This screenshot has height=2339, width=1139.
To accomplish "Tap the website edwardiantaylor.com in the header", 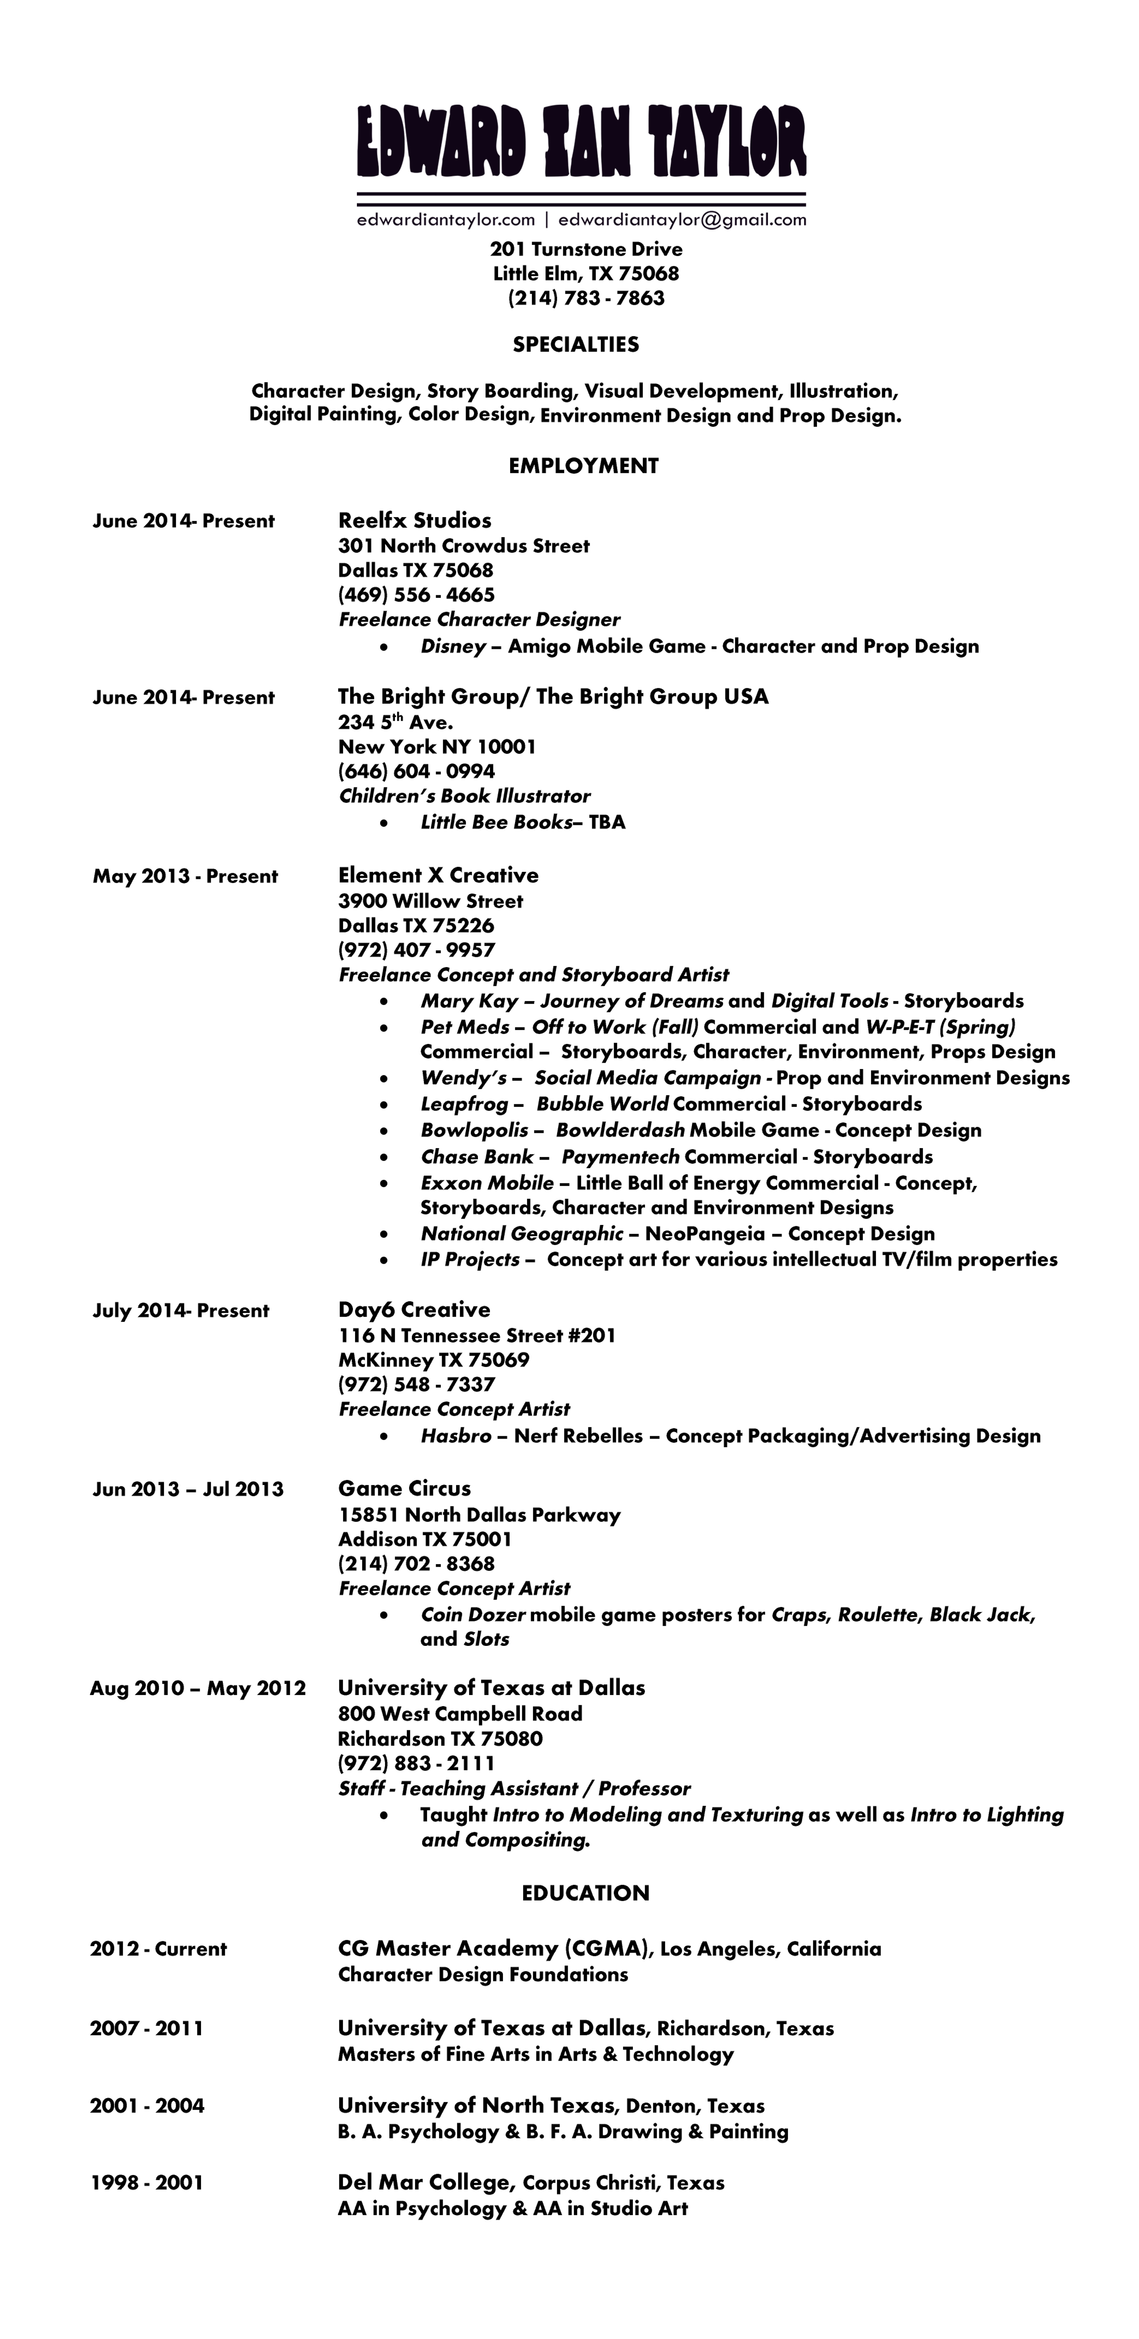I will click(x=446, y=220).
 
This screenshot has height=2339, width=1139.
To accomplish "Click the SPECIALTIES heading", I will click(x=575, y=344).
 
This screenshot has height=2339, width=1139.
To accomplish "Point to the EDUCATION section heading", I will click(x=586, y=1893).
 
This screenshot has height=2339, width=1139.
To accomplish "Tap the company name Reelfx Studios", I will click(x=415, y=520).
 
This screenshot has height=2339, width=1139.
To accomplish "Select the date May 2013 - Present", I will click(x=185, y=876).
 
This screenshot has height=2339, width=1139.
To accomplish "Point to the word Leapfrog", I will click(x=464, y=1104).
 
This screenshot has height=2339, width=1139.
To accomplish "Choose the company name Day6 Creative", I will click(x=414, y=1309).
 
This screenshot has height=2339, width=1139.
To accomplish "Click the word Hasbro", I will click(x=456, y=1436).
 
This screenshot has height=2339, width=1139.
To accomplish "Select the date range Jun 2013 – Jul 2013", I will click(x=188, y=1489).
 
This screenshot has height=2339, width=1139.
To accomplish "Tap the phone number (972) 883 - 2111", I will click(x=417, y=1763).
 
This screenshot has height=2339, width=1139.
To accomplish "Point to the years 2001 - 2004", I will click(x=147, y=2106).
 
